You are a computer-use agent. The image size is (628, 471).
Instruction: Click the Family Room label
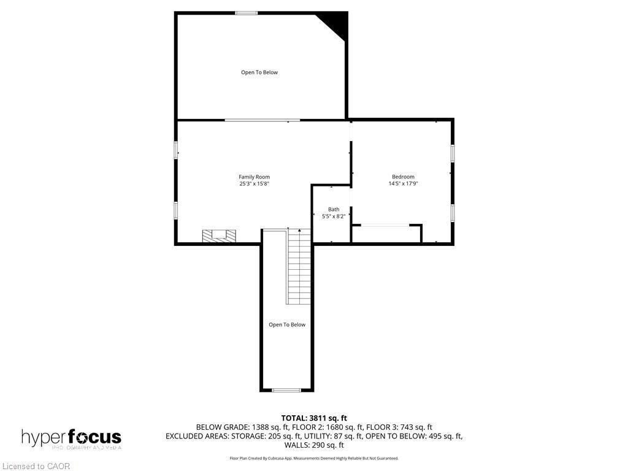(x=254, y=177)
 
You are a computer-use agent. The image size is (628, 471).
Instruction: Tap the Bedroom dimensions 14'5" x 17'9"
(x=403, y=183)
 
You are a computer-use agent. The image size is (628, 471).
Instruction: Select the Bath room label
(x=333, y=209)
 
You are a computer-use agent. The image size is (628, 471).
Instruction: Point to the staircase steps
(x=299, y=266)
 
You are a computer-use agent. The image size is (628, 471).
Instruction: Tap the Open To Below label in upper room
(x=259, y=72)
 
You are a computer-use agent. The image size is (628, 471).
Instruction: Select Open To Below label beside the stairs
(x=286, y=324)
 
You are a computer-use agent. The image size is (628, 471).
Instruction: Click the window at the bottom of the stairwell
(x=286, y=390)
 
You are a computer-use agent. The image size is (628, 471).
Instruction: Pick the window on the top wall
(x=247, y=13)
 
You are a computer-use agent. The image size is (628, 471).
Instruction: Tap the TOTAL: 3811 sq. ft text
(x=314, y=418)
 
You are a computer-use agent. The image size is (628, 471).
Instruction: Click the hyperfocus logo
(x=71, y=438)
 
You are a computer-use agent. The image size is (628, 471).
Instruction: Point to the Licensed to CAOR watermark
(x=36, y=466)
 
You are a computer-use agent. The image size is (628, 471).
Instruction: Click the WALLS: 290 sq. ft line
(x=314, y=445)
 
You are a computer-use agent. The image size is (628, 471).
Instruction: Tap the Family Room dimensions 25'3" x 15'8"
(x=254, y=184)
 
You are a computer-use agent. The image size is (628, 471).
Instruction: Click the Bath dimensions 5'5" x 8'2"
(x=333, y=216)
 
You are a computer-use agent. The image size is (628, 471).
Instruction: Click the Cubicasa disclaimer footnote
(x=314, y=458)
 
